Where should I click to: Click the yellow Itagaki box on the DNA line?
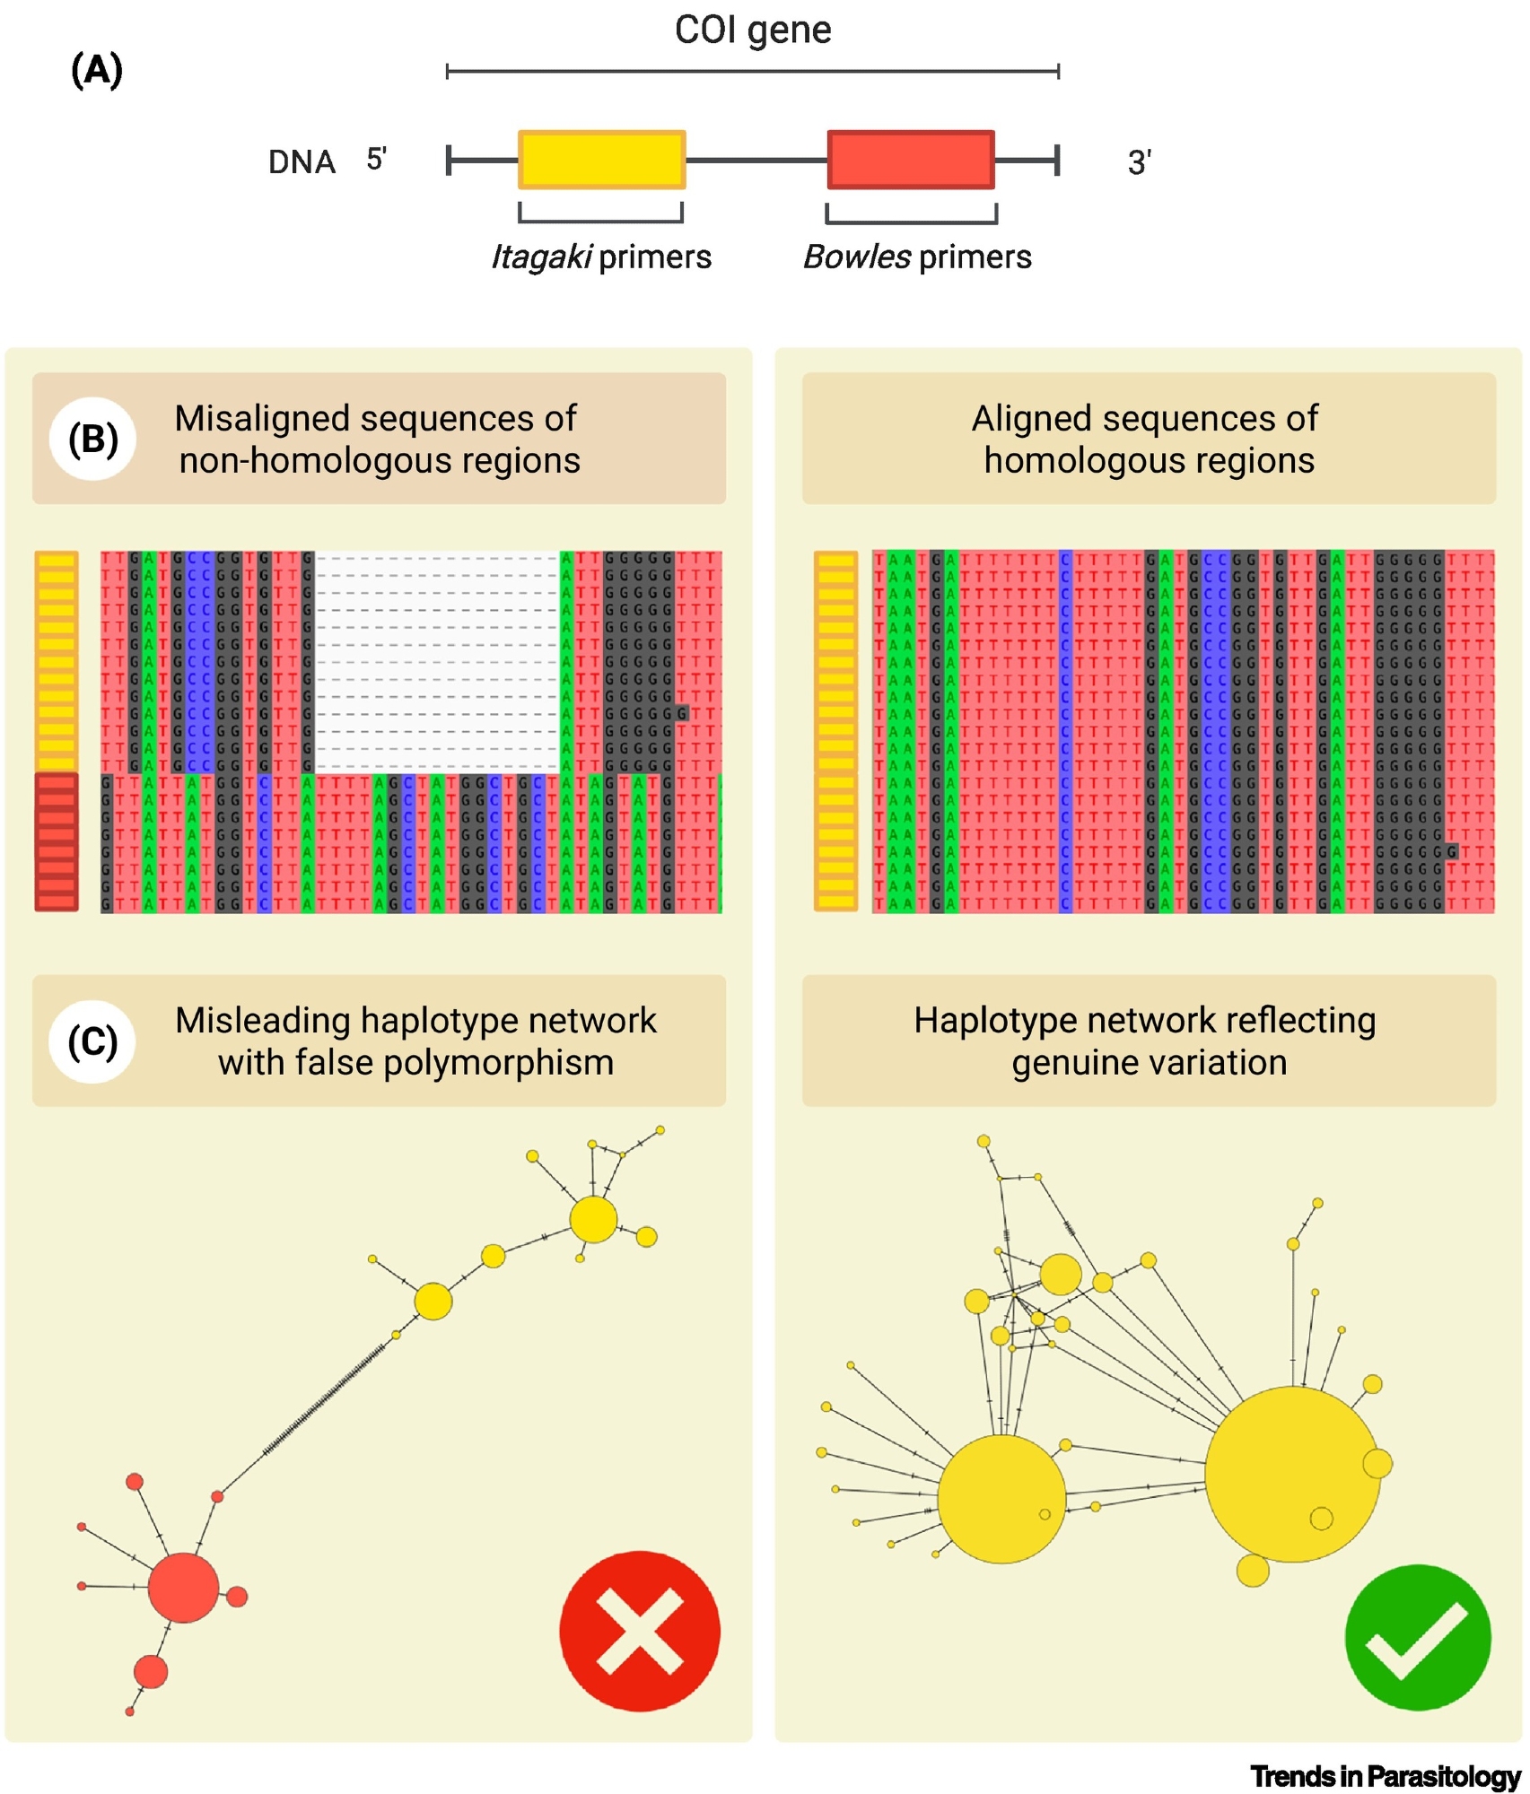pyautogui.click(x=601, y=160)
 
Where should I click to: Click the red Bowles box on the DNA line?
pyautogui.click(x=910, y=160)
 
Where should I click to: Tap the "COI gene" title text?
pyautogui.click(x=752, y=30)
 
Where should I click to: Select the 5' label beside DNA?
pyautogui.click(x=376, y=160)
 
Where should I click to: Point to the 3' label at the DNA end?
pyautogui.click(x=1139, y=162)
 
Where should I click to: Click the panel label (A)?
pyautogui.click(x=96, y=70)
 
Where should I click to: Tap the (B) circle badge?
pyautogui.click(x=93, y=439)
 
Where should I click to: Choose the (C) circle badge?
pyautogui.click(x=93, y=1041)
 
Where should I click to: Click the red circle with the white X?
pyautogui.click(x=639, y=1630)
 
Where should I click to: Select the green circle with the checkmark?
pyautogui.click(x=1417, y=1636)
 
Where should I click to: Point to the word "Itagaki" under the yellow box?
pyautogui.click(x=540, y=257)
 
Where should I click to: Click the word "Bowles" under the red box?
pyautogui.click(x=856, y=257)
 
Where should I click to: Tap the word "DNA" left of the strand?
pyautogui.click(x=302, y=162)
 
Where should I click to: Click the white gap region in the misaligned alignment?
pyautogui.click(x=437, y=661)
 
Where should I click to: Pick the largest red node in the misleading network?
pyautogui.click(x=183, y=1588)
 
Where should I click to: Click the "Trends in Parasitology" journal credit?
pyautogui.click(x=1385, y=1775)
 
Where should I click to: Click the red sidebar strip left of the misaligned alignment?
pyautogui.click(x=57, y=841)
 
